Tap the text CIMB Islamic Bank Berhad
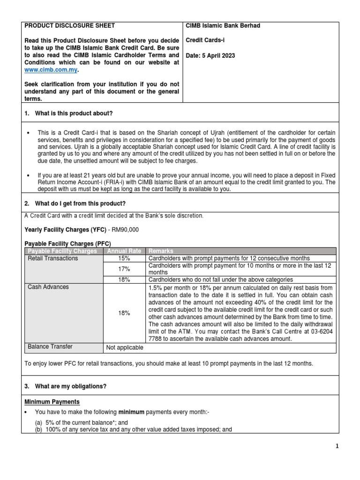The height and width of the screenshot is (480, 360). point(223,26)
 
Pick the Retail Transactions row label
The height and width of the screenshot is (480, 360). point(53,259)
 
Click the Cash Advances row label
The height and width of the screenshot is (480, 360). point(48,287)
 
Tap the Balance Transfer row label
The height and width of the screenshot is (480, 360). point(50,347)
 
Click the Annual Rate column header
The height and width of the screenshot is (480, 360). point(124,251)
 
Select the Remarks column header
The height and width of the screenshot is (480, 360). point(161,251)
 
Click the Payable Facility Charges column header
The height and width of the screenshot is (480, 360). point(62,251)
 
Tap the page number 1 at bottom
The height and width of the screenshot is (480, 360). point(350,447)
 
